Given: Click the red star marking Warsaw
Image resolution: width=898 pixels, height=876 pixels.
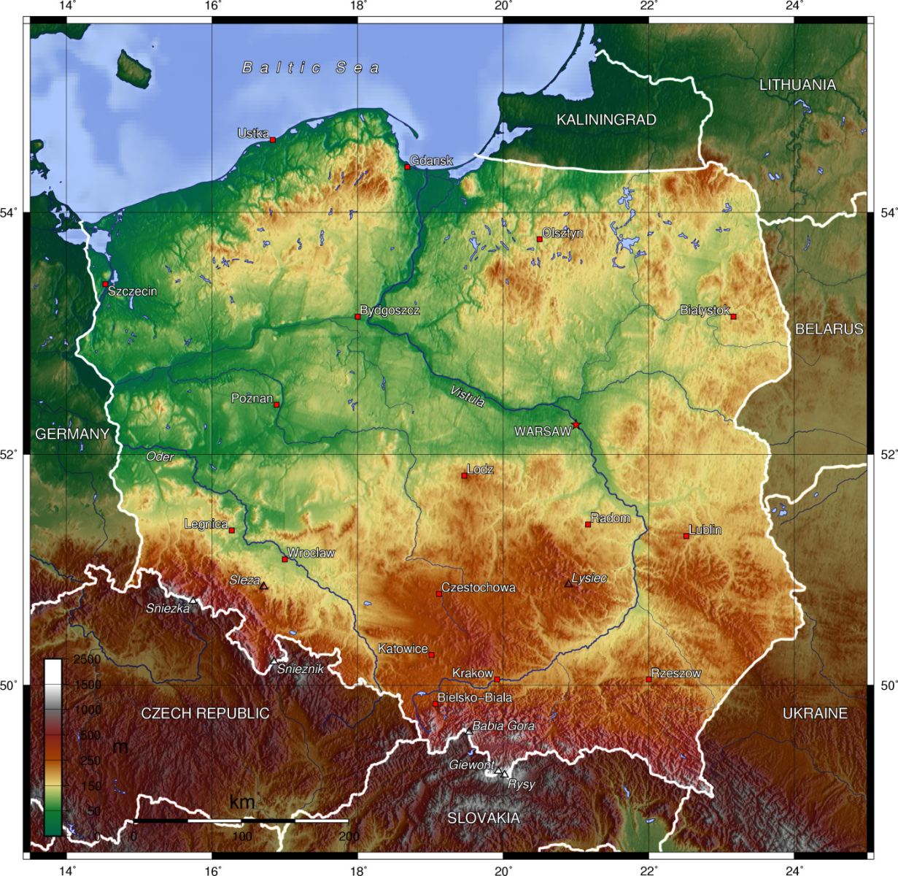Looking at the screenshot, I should click(x=576, y=425).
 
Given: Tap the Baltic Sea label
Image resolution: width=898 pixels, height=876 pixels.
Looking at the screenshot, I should click(x=311, y=68).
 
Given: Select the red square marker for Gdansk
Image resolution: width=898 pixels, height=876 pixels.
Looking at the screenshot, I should click(x=408, y=167).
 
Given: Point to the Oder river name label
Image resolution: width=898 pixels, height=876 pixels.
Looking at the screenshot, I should click(x=160, y=456).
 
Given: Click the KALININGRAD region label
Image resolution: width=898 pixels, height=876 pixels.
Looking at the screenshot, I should click(x=606, y=120).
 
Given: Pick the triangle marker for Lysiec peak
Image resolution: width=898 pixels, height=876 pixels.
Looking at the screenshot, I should click(x=568, y=583).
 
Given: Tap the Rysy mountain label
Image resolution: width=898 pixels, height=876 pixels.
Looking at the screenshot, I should click(x=521, y=785).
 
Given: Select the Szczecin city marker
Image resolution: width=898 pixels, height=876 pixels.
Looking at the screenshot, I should click(x=105, y=284).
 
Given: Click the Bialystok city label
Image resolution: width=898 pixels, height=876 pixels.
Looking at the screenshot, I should click(x=704, y=310).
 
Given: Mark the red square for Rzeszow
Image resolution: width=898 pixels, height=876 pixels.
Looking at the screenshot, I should click(x=649, y=680).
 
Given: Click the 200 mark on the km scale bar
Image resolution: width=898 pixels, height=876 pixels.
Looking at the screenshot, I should click(x=348, y=836).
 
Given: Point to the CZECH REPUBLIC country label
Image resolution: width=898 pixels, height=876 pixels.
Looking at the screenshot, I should click(x=205, y=713).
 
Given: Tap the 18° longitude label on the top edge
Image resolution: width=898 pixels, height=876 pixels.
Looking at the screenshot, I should click(x=357, y=7).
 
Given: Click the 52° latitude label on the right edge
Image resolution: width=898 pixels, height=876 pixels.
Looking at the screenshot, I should click(x=888, y=454).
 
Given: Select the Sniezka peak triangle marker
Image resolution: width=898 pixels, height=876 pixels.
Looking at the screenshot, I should click(x=193, y=600).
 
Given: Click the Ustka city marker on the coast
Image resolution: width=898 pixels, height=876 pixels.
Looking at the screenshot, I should click(x=273, y=139).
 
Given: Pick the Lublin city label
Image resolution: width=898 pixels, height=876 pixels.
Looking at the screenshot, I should click(x=705, y=529).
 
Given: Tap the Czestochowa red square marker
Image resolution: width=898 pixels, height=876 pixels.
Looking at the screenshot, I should click(x=439, y=593).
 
